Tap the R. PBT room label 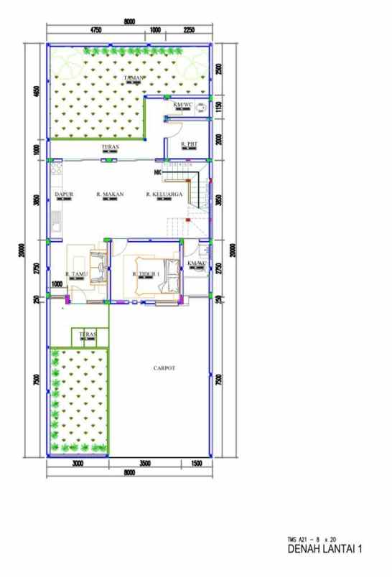click(189, 144)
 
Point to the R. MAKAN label click(108, 194)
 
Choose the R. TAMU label click(77, 274)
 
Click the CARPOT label click(164, 368)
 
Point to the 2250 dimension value click(189, 30)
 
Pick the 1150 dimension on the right click(219, 107)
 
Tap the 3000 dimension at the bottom click(78, 464)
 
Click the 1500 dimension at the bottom click(196, 464)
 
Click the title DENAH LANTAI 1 click(325, 550)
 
